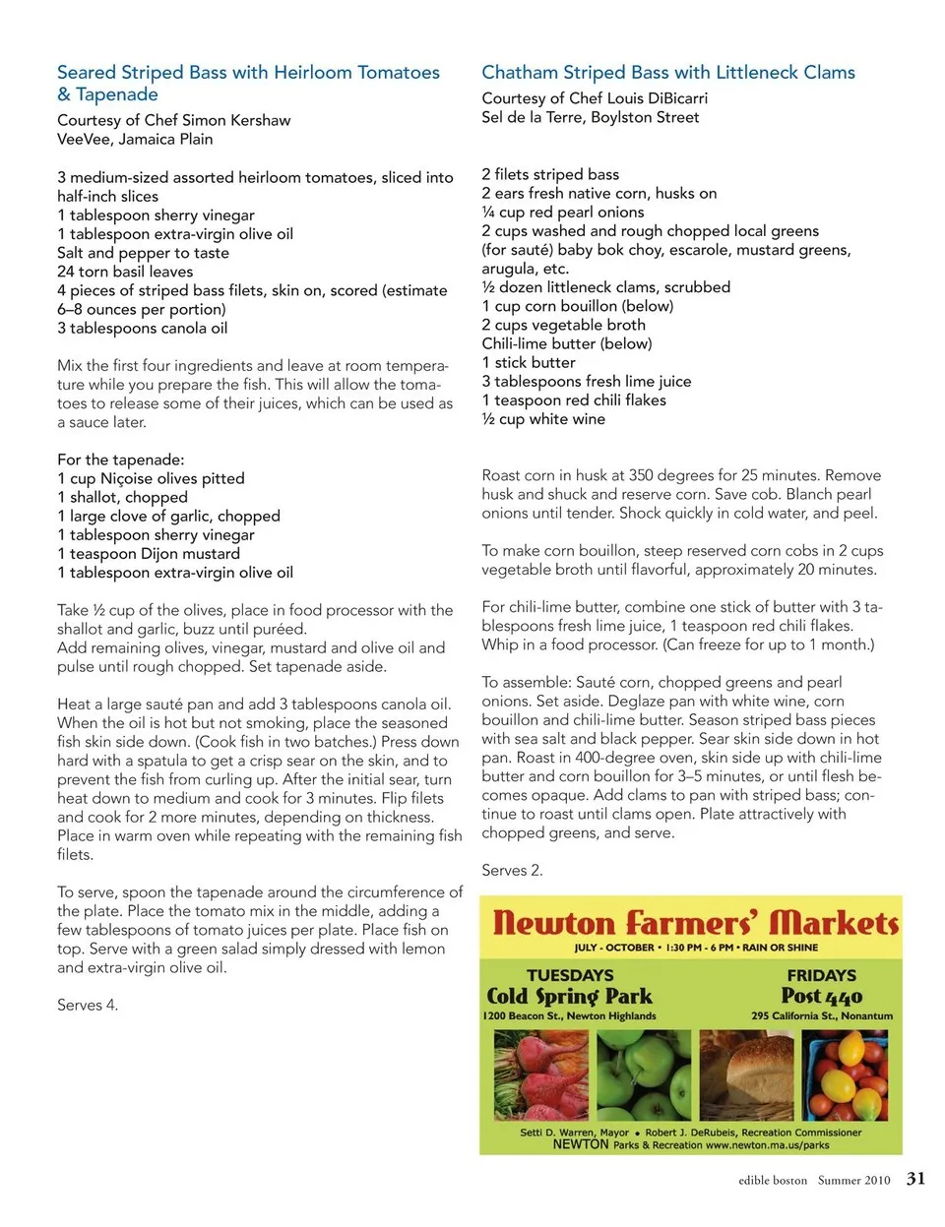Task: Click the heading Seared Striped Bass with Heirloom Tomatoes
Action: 248,73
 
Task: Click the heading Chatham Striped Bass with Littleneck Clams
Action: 667,73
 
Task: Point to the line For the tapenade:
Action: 120,460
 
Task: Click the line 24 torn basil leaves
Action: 125,272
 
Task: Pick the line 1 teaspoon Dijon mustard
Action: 149,554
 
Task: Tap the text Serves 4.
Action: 87,1005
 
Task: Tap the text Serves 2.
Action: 512,870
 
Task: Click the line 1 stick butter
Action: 529,362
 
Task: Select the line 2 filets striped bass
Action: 550,174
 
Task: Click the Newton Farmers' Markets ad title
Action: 695,923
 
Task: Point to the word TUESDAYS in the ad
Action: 570,975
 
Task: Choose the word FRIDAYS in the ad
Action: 821,975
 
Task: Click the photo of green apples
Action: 644,1075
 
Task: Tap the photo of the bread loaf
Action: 746,1075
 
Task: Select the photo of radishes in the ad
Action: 539,1075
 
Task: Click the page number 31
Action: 915,1179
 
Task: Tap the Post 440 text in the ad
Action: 821,996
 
